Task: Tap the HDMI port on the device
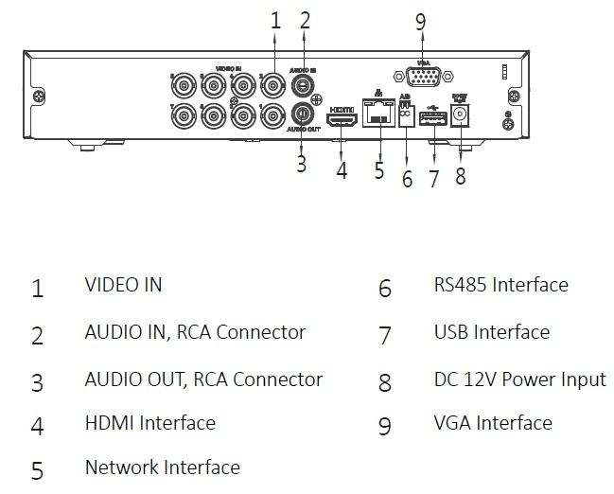pyautogui.click(x=342, y=119)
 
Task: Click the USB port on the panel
pyautogui.click(x=434, y=118)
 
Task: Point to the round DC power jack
pyautogui.click(x=462, y=115)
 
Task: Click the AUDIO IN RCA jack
pyautogui.click(x=304, y=85)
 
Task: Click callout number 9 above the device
pyautogui.click(x=421, y=23)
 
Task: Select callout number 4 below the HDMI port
pyautogui.click(x=342, y=170)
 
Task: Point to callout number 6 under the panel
pyautogui.click(x=407, y=177)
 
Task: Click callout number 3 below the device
pyautogui.click(x=301, y=163)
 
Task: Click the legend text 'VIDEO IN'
pyautogui.click(x=123, y=284)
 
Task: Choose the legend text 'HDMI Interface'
pyautogui.click(x=149, y=423)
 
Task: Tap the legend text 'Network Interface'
pyautogui.click(x=162, y=468)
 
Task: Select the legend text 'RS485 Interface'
pyautogui.click(x=500, y=284)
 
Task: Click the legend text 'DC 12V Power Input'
pyautogui.click(x=519, y=379)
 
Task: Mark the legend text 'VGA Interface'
pyautogui.click(x=492, y=423)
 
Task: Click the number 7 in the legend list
pyautogui.click(x=384, y=335)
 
